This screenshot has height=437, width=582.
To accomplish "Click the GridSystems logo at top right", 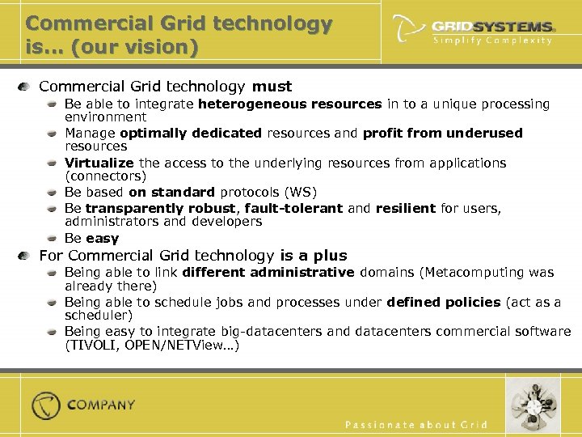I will coord(473,26).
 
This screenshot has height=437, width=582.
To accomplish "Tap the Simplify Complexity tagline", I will coord(492,40).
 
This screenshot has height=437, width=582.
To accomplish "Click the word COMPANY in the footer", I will coord(102,405).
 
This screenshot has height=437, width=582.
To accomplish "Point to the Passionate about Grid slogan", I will coord(416,424).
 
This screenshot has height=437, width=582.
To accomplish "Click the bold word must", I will coord(272,86).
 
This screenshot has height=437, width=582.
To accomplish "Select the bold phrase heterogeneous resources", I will coord(289,104).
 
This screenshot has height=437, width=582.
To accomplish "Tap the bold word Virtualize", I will coord(99,163).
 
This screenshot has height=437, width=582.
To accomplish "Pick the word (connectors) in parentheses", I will coord(103,176).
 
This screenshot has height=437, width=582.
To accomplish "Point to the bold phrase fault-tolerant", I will coord(294,208).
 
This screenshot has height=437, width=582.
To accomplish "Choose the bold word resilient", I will coord(406,208).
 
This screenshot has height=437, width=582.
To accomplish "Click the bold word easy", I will coord(103,238).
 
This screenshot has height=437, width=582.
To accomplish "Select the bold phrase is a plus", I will coord(313,256).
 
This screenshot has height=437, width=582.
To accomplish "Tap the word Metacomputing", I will coord(478,273).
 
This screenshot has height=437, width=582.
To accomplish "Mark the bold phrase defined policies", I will coord(444,302).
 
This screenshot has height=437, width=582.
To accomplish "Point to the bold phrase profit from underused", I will coord(443,133).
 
